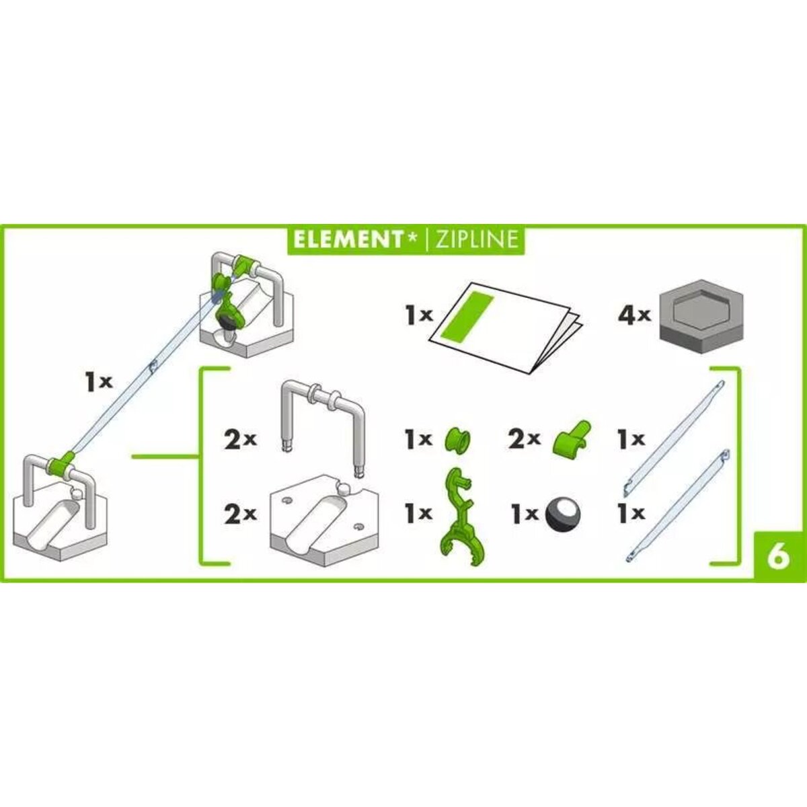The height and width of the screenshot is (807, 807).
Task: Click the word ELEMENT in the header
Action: pos(347,239)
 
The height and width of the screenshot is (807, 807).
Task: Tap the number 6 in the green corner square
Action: pos(778,557)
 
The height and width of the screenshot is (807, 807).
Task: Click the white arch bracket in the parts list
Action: pos(322,420)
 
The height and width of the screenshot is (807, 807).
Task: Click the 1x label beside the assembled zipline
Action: pos(98,383)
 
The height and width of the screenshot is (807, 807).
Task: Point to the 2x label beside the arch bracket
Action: pos(239,440)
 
